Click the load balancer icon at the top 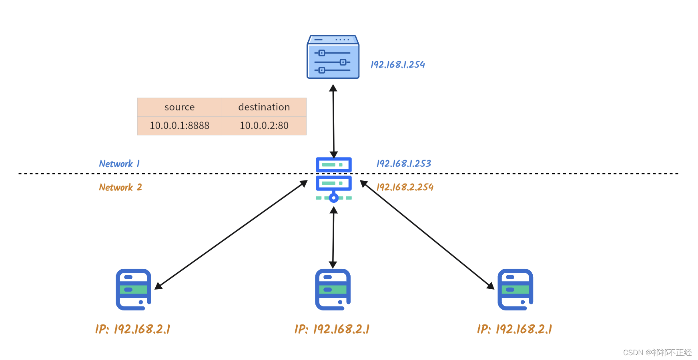point(333,57)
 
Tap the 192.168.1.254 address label point(397,65)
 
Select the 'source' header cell point(179,107)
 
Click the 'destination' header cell point(264,107)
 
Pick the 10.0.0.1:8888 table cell point(179,126)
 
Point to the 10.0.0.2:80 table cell point(264,126)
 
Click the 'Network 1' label point(119,164)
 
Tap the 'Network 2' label point(120,187)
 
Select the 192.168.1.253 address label point(403,164)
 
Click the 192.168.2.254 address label point(405,187)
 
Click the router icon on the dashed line point(333,179)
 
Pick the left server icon point(133,290)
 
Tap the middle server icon point(333,290)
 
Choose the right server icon point(515,290)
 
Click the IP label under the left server point(132,329)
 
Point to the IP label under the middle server point(332,329)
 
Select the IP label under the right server point(514,329)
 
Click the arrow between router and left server point(231,235)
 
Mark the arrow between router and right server point(427,235)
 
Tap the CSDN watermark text point(657,352)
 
